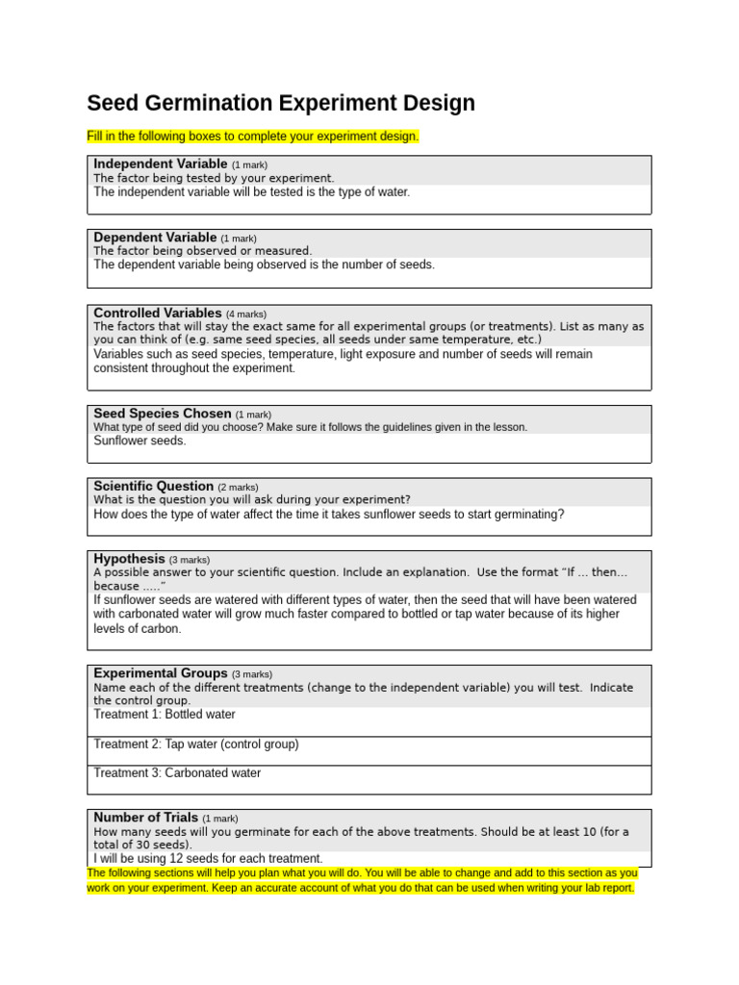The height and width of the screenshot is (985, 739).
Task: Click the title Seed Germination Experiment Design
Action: point(281,103)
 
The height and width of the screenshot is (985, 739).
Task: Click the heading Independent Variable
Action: point(161,164)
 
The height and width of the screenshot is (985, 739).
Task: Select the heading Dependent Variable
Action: point(155,237)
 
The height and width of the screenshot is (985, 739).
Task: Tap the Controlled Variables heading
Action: point(158,313)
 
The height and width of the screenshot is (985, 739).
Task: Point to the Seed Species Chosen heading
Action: point(163,414)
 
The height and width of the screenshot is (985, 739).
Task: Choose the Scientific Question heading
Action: point(154,486)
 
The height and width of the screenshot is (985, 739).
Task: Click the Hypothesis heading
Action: point(130,559)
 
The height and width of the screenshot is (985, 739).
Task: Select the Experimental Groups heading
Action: point(161,673)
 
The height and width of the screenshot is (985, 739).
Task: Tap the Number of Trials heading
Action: point(145,818)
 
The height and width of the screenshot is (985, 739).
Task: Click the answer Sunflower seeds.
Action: point(140,441)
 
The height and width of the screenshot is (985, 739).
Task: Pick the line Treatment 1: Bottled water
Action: point(165,715)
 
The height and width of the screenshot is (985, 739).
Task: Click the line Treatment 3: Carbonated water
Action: point(177,772)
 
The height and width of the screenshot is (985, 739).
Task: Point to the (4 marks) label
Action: point(246,314)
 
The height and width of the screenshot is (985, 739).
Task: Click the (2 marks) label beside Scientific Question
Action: point(238,487)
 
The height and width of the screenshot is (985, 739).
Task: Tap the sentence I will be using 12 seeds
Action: point(208,858)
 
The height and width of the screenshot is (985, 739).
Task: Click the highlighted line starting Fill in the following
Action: point(253,137)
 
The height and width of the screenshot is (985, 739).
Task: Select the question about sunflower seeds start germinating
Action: point(329,514)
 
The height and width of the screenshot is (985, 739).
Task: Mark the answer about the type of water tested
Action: point(252,191)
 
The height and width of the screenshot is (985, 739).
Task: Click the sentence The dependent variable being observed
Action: point(265,265)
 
